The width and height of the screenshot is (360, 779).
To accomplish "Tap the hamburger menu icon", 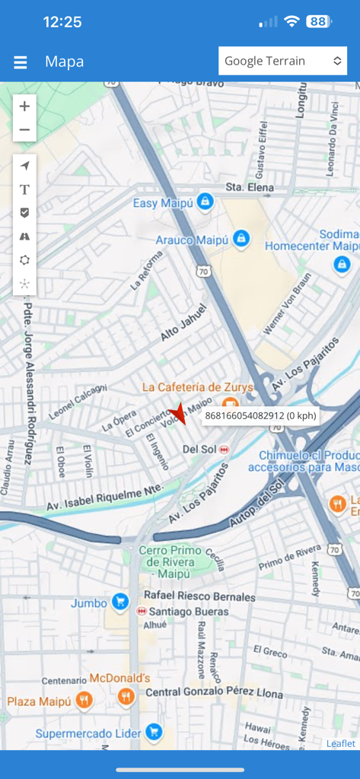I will [21, 62].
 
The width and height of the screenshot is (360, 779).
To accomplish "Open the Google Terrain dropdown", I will [282, 61].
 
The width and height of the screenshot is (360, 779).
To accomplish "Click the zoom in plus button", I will [24, 107].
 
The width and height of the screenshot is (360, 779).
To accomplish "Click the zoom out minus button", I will [24, 130].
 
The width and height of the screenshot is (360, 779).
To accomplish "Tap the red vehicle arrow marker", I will [179, 413].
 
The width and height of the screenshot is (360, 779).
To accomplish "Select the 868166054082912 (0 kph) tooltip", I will [260, 416].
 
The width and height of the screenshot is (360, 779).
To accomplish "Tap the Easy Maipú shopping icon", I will [204, 202].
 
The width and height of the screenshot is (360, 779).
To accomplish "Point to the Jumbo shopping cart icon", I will [119, 603].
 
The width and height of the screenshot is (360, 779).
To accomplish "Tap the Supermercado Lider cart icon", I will [155, 733].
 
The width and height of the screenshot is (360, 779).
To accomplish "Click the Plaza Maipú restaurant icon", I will [84, 700].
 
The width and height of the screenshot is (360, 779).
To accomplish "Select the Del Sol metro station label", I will [200, 450].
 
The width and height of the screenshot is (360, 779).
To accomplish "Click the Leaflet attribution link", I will [340, 743].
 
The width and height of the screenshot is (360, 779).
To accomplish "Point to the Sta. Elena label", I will [244, 187].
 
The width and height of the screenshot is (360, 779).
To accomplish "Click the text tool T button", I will [24, 189].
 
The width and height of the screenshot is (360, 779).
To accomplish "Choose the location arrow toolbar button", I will [24, 166].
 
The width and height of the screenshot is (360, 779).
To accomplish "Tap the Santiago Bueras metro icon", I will [142, 612].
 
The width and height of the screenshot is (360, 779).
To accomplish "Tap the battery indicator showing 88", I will [317, 22].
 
